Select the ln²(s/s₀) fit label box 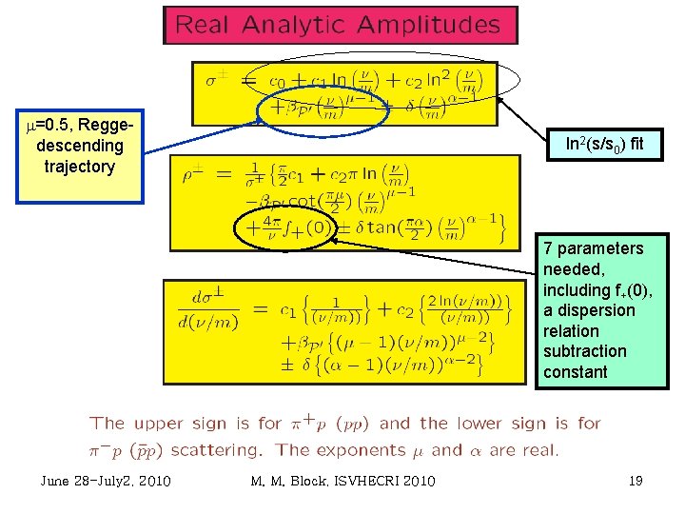coord(604,146)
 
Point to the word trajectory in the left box coord(79,167)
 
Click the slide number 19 coord(636,481)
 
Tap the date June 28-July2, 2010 coord(106,481)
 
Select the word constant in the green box coord(575,372)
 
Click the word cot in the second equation coord(302,202)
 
